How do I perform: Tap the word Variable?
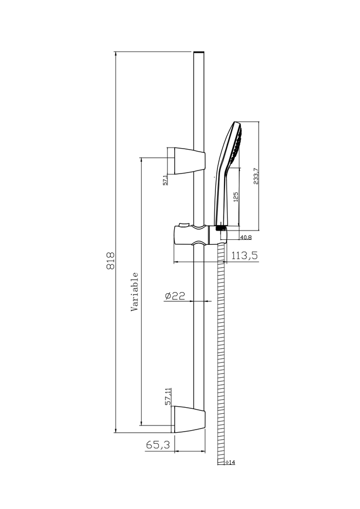pyautogui.click(x=134, y=292)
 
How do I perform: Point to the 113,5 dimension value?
pyautogui.click(x=245, y=256)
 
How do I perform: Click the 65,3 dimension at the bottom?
pyautogui.click(x=158, y=445)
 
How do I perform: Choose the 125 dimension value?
pyautogui.click(x=236, y=197)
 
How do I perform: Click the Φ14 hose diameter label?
pyautogui.click(x=230, y=462)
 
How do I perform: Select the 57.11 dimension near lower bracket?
pyautogui.click(x=168, y=397)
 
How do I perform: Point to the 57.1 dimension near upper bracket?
pyautogui.click(x=165, y=180)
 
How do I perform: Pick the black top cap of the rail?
pyautogui.click(x=199, y=52)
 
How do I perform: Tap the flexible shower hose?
pyautogui.click(x=220, y=356)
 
